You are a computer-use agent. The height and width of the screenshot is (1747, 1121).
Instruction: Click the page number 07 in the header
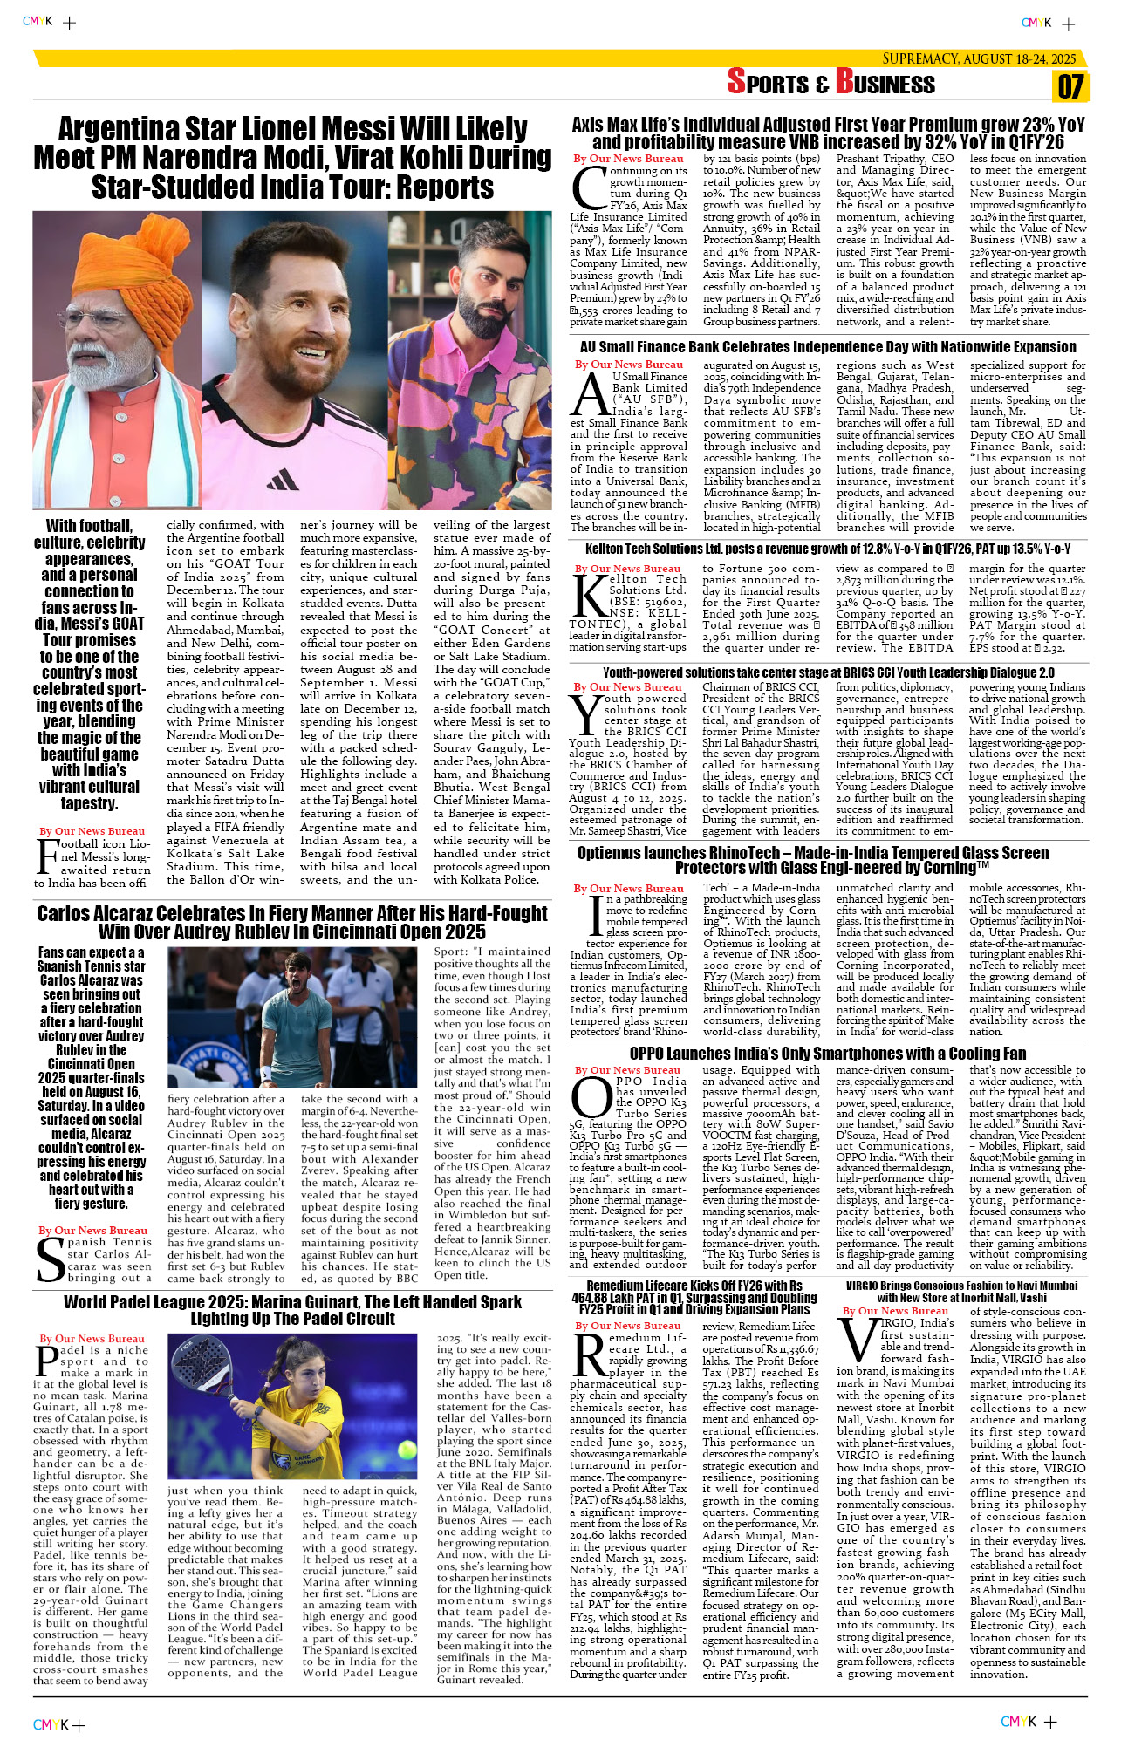click(x=1070, y=86)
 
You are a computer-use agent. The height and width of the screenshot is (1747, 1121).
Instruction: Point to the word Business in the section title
click(x=885, y=83)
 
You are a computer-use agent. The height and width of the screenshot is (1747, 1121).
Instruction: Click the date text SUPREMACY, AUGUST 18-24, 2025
click(x=979, y=58)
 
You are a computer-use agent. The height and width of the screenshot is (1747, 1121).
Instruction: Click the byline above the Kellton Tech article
click(x=628, y=569)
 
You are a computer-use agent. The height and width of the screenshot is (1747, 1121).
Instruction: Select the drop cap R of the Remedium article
click(x=589, y=1356)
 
